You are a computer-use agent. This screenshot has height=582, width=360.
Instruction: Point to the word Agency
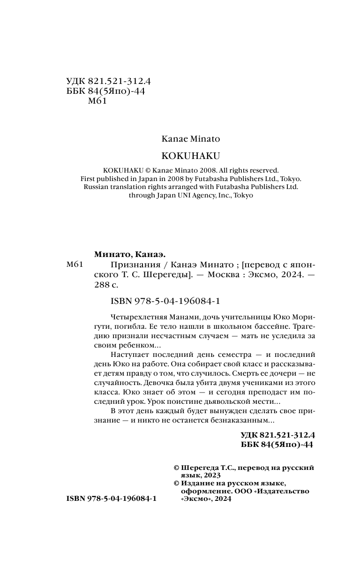(x=188, y=195)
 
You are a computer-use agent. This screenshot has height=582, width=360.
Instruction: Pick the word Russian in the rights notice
(x=97, y=187)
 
